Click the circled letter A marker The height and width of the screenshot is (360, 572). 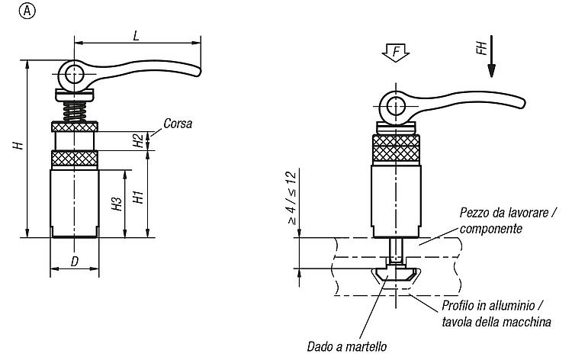point(27,11)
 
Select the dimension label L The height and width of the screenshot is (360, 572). point(136,36)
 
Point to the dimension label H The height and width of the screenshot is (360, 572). point(18,145)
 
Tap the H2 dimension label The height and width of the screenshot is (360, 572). point(138,140)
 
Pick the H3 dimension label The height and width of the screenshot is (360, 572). point(117,204)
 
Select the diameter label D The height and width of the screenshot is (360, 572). point(75,261)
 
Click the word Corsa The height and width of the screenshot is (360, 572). point(178,124)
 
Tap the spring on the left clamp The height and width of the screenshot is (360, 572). point(75,111)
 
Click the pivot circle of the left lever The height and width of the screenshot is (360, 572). point(75,75)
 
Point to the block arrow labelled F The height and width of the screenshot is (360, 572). point(396,53)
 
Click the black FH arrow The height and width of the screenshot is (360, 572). point(491,56)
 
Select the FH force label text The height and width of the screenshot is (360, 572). point(481,48)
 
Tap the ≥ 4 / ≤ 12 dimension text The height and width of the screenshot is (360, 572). point(292,198)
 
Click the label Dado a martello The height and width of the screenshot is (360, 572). point(347,346)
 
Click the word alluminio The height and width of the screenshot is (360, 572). point(505,306)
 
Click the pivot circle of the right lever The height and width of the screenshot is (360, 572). point(396,107)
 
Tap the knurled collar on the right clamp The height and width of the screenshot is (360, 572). point(396,149)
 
